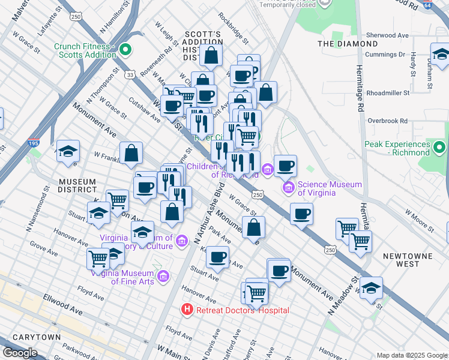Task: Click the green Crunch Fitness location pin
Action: point(125,49)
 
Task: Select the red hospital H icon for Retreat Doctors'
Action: point(187,310)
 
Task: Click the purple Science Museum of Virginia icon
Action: point(289,188)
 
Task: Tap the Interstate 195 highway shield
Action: point(34,144)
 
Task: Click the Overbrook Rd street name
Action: point(387,121)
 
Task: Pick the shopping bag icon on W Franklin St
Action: point(131,153)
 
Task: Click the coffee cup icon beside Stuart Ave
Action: point(217,257)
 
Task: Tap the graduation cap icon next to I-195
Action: point(68,151)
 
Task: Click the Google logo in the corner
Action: point(19,353)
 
